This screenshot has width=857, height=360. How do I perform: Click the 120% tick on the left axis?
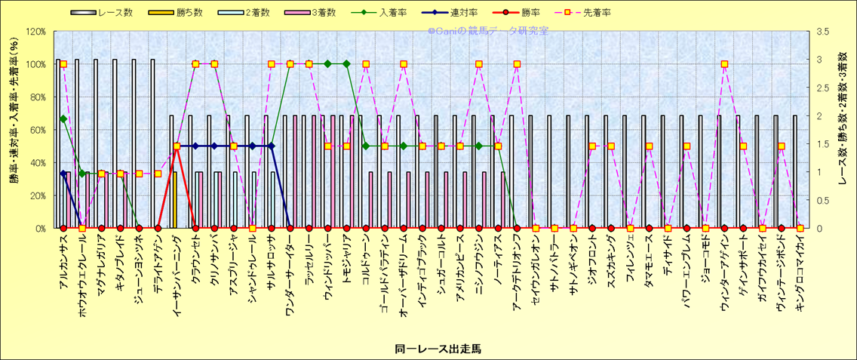click(35, 32)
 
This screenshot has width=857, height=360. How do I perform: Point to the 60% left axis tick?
click(37, 130)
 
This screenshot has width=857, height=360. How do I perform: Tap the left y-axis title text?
click(14, 128)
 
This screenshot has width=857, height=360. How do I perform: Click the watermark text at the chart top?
click(487, 31)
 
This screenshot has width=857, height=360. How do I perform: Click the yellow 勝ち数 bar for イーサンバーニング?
click(174, 200)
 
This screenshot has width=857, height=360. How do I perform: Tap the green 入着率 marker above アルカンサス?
click(63, 118)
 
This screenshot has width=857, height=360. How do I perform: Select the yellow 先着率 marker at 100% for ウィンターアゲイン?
click(724, 64)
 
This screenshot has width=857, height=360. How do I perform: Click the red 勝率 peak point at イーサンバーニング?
click(177, 146)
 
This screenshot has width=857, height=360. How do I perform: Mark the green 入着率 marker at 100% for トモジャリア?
click(346, 64)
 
